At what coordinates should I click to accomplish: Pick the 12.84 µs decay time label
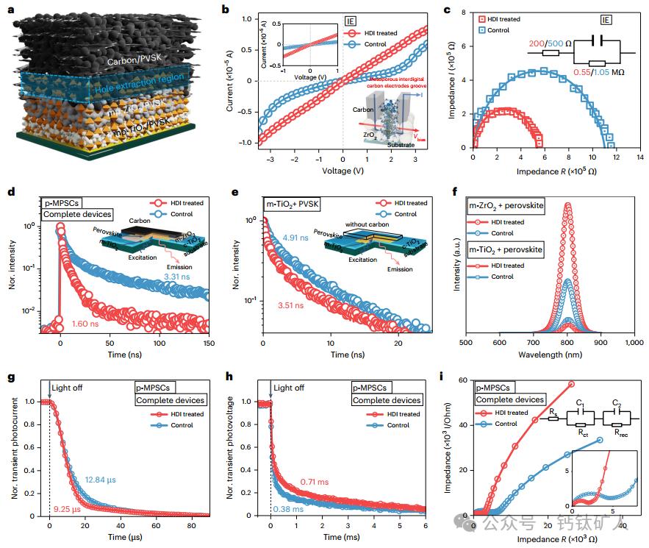click(101, 480)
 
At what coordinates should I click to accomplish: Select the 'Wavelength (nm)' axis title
click(551, 355)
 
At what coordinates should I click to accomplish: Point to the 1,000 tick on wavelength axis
click(634, 342)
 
